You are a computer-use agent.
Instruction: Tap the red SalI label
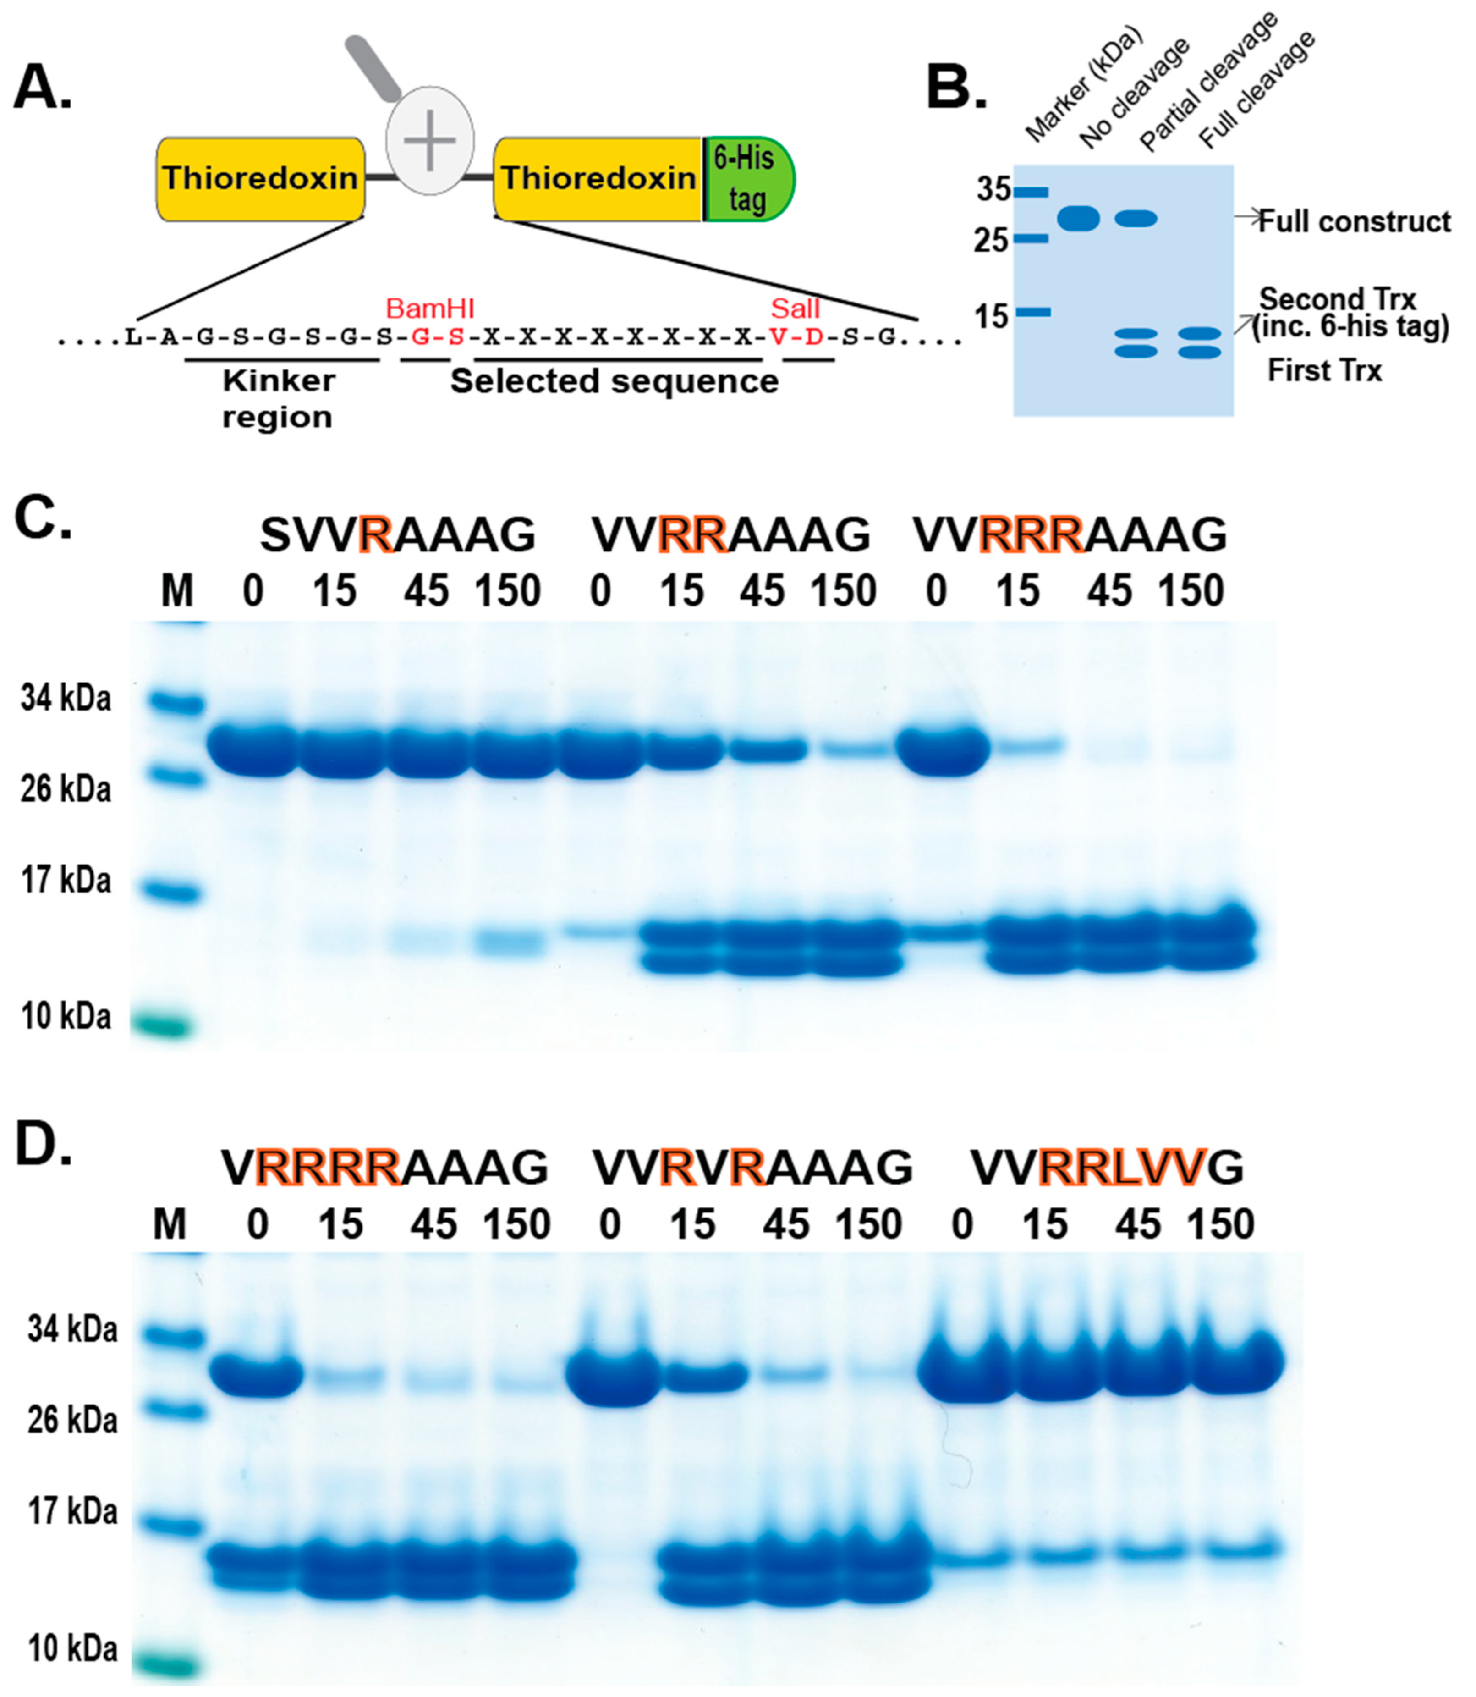[795, 309]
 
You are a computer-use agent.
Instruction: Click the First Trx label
[1323, 371]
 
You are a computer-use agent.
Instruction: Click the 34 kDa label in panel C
[66, 699]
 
